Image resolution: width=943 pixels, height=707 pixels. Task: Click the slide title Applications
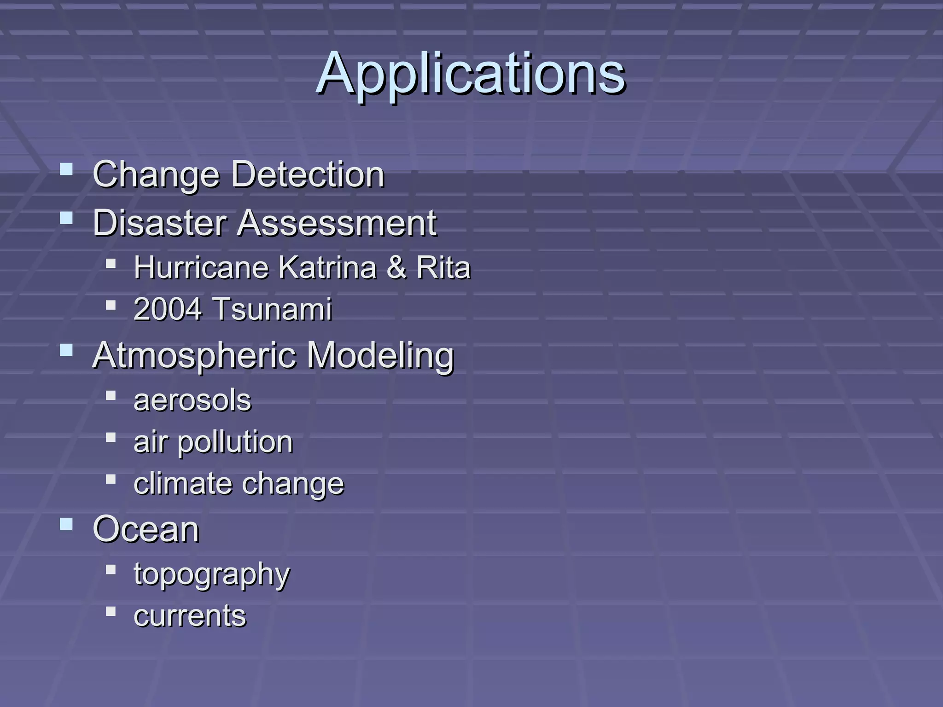(471, 74)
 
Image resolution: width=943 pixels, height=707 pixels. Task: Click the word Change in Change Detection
(157, 175)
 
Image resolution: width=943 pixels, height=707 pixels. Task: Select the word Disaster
(160, 223)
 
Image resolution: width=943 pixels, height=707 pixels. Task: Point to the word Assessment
(337, 223)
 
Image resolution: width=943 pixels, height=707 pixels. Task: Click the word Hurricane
(201, 267)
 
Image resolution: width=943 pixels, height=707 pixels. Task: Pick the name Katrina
(328, 267)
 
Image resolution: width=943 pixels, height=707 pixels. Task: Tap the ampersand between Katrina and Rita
(396, 267)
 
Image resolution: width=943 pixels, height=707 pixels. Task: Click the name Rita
(443, 267)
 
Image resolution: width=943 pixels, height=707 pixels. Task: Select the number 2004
(168, 309)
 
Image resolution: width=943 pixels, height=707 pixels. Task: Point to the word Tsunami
(273, 309)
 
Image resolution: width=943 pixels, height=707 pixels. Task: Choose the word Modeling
(380, 356)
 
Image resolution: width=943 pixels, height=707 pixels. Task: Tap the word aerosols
(192, 400)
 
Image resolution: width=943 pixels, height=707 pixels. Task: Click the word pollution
(235, 442)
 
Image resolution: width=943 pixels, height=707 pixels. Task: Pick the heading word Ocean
(146, 529)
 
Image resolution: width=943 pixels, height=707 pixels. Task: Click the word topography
(212, 574)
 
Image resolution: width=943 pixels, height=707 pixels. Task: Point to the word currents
(190, 616)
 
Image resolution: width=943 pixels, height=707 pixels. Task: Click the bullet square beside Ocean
(66, 524)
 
